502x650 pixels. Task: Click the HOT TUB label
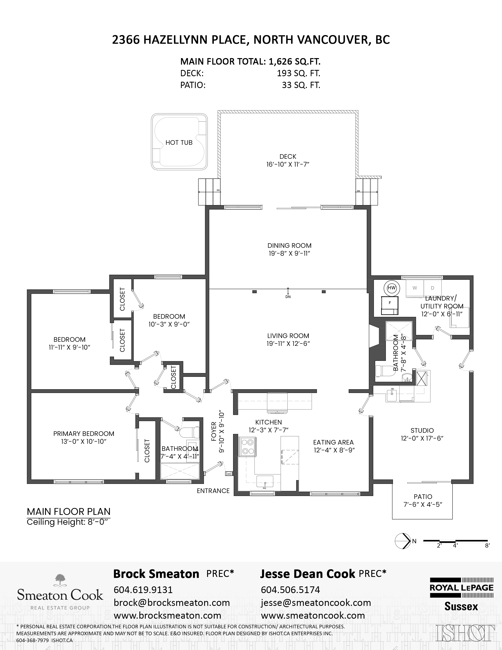click(179, 143)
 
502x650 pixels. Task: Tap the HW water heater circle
click(392, 288)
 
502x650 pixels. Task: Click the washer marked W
click(415, 288)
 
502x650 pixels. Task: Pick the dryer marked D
click(433, 288)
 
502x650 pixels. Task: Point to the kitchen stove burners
click(247, 446)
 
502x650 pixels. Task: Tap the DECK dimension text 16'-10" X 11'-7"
click(288, 164)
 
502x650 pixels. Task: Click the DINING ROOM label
click(289, 246)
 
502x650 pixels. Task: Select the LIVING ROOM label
click(288, 336)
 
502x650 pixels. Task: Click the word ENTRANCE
click(213, 491)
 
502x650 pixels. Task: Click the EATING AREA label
click(333, 442)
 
